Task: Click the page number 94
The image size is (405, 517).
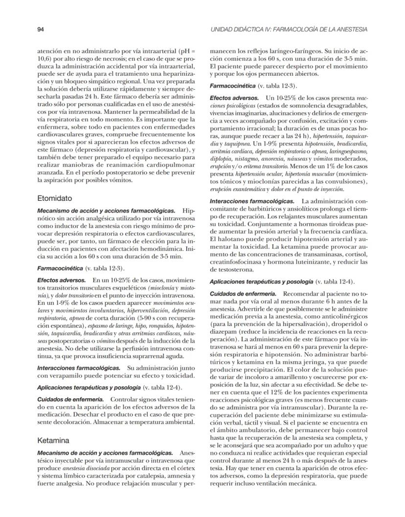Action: point(41,29)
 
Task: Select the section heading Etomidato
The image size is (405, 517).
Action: point(55,199)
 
